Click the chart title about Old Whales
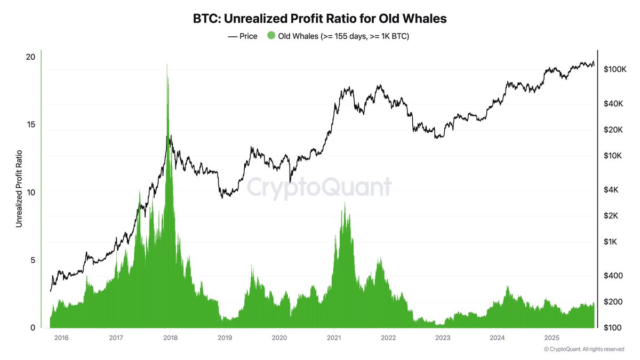(x=319, y=18)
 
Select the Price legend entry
(x=243, y=36)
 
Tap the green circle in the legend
(x=271, y=36)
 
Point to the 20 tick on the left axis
(x=30, y=57)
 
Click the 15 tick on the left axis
(x=30, y=124)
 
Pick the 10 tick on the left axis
(x=30, y=192)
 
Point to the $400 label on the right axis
(x=613, y=276)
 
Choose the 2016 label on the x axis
(x=61, y=338)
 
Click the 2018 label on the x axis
(x=170, y=338)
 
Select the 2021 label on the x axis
(x=334, y=338)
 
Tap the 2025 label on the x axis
(x=551, y=338)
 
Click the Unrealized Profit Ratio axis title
(x=19, y=189)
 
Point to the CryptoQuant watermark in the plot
(x=319, y=188)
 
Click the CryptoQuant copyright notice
(x=583, y=349)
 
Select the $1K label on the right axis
(x=611, y=242)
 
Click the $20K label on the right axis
(x=613, y=130)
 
